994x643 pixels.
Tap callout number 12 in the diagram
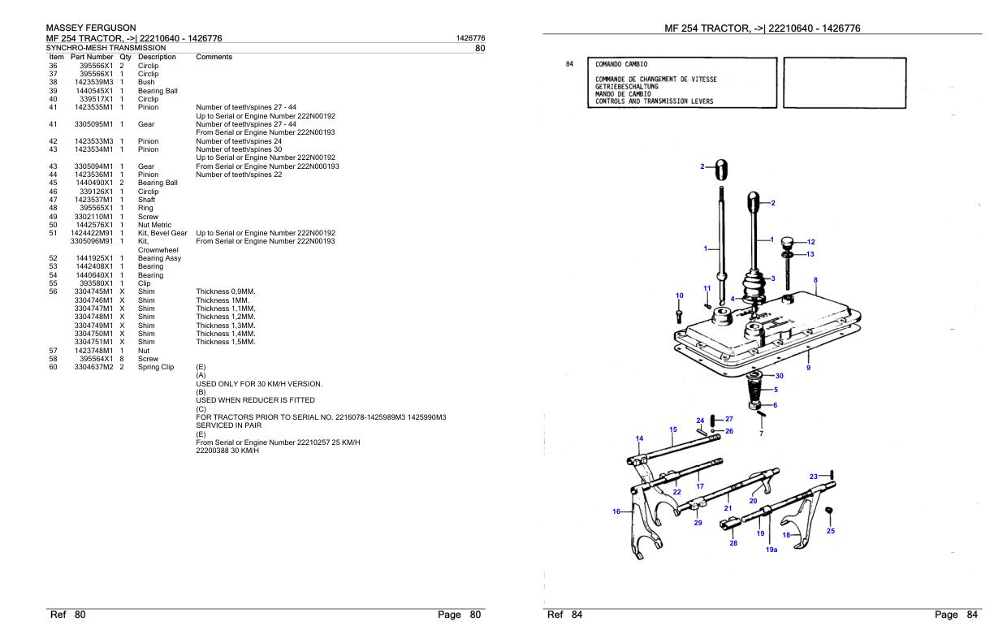810,242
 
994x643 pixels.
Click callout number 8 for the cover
815,280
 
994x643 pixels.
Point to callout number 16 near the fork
616,511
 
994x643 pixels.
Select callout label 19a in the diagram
772,550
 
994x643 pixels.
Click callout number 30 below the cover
780,376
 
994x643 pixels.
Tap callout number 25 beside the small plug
830,531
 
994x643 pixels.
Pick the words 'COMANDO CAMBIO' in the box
622,63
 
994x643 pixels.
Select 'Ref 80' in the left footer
68,615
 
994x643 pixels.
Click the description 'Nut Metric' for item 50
156,224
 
